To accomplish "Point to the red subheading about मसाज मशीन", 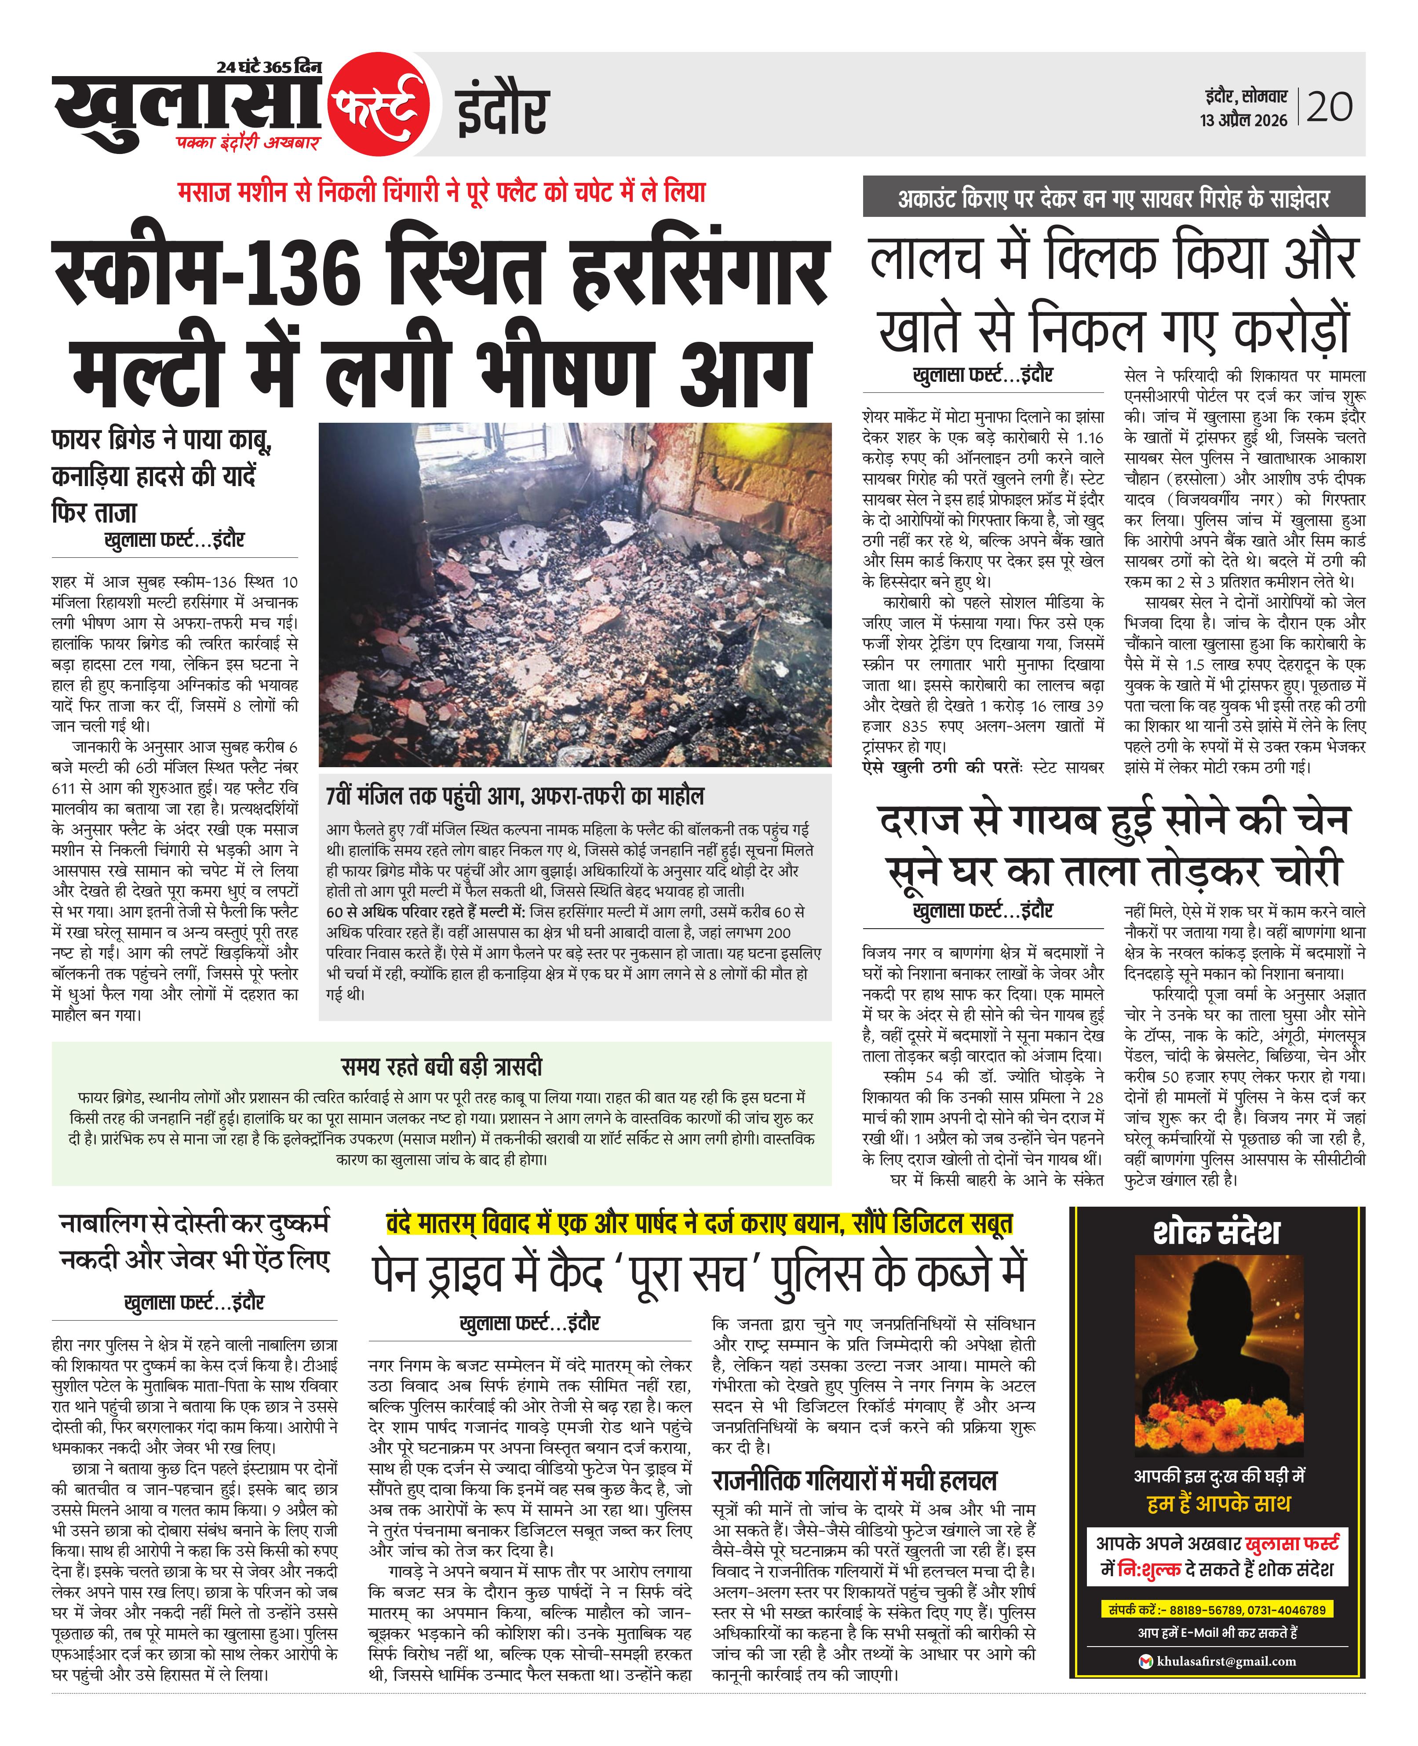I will click(441, 193).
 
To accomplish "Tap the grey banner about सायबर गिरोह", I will click(1113, 198).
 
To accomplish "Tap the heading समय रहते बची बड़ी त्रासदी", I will click(441, 1067).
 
